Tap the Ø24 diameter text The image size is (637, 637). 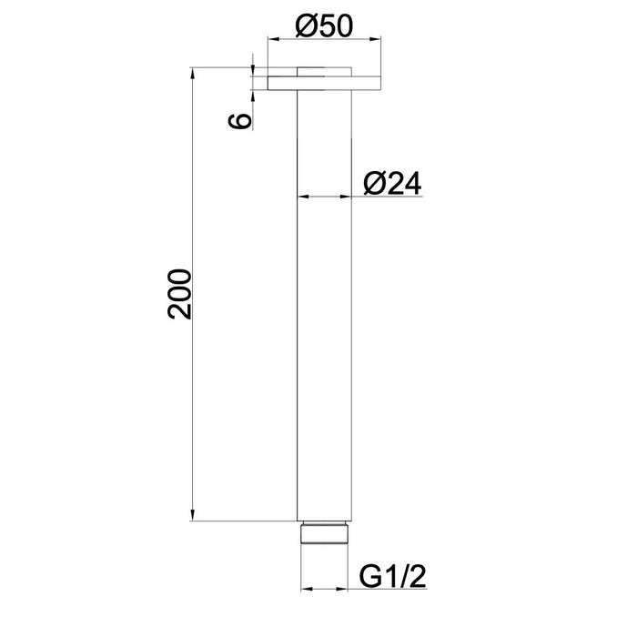pyautogui.click(x=390, y=183)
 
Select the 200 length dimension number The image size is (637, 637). pyautogui.click(x=179, y=294)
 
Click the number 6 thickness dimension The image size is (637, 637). pyautogui.click(x=239, y=123)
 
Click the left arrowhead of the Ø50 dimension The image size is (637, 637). pyautogui.click(x=270, y=39)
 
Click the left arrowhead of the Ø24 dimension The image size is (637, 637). pyautogui.click(x=304, y=197)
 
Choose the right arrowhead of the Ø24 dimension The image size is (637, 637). pyautogui.click(x=348, y=197)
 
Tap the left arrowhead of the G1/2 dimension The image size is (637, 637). pyautogui.click(x=306, y=589)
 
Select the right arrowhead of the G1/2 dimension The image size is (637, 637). pyautogui.click(x=346, y=589)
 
